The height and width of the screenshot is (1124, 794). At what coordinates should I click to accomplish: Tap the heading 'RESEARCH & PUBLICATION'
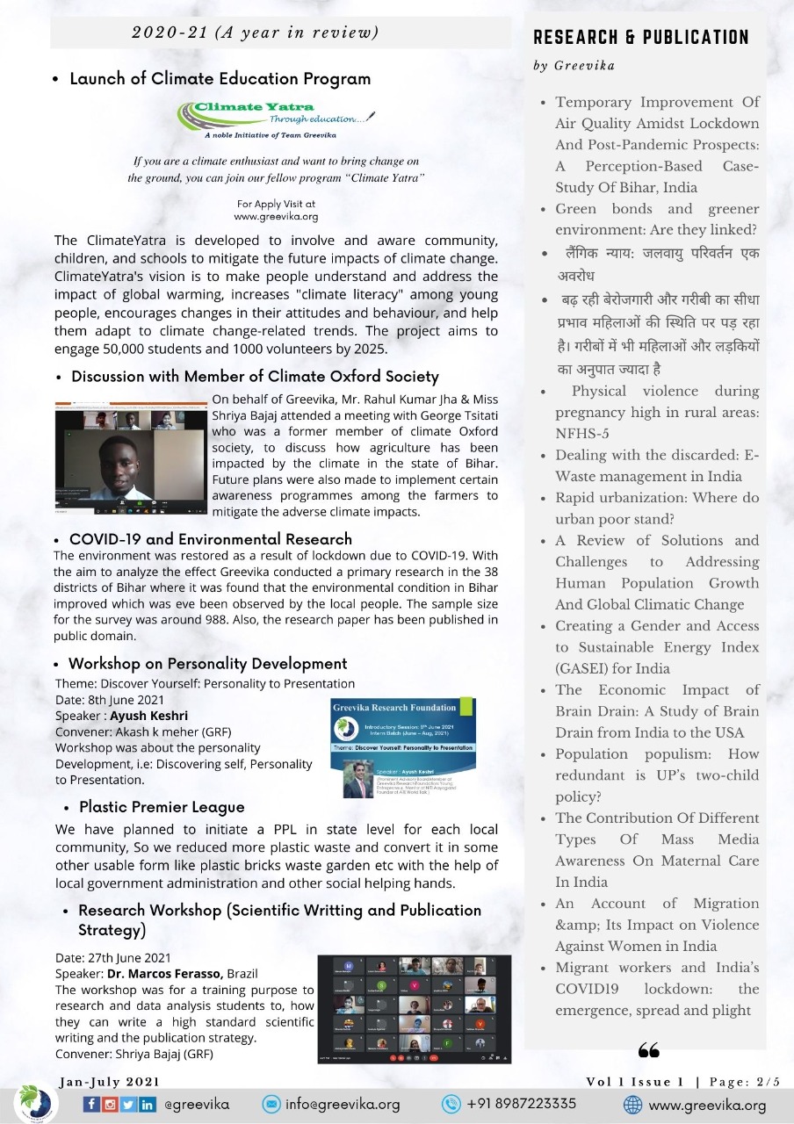click(x=641, y=37)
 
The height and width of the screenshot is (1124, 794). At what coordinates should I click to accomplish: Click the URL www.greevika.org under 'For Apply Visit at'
click(x=276, y=216)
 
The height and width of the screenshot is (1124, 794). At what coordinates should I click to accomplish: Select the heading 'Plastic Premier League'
click(x=162, y=806)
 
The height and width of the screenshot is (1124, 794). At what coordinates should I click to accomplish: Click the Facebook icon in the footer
click(x=92, y=1104)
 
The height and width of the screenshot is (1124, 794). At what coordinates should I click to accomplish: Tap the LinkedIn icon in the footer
click(x=148, y=1104)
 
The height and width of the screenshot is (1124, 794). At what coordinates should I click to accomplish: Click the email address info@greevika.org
click(x=343, y=1104)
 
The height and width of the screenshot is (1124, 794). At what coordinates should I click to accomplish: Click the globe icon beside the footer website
click(x=632, y=1104)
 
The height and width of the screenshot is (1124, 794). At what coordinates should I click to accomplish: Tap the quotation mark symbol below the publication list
click(x=649, y=1050)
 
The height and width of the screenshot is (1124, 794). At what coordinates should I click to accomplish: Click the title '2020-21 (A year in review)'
click(x=255, y=33)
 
